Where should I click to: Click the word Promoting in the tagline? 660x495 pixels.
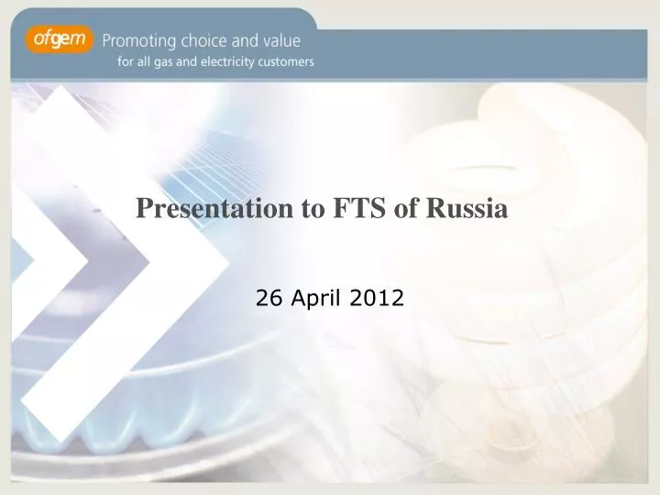tap(139, 41)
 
